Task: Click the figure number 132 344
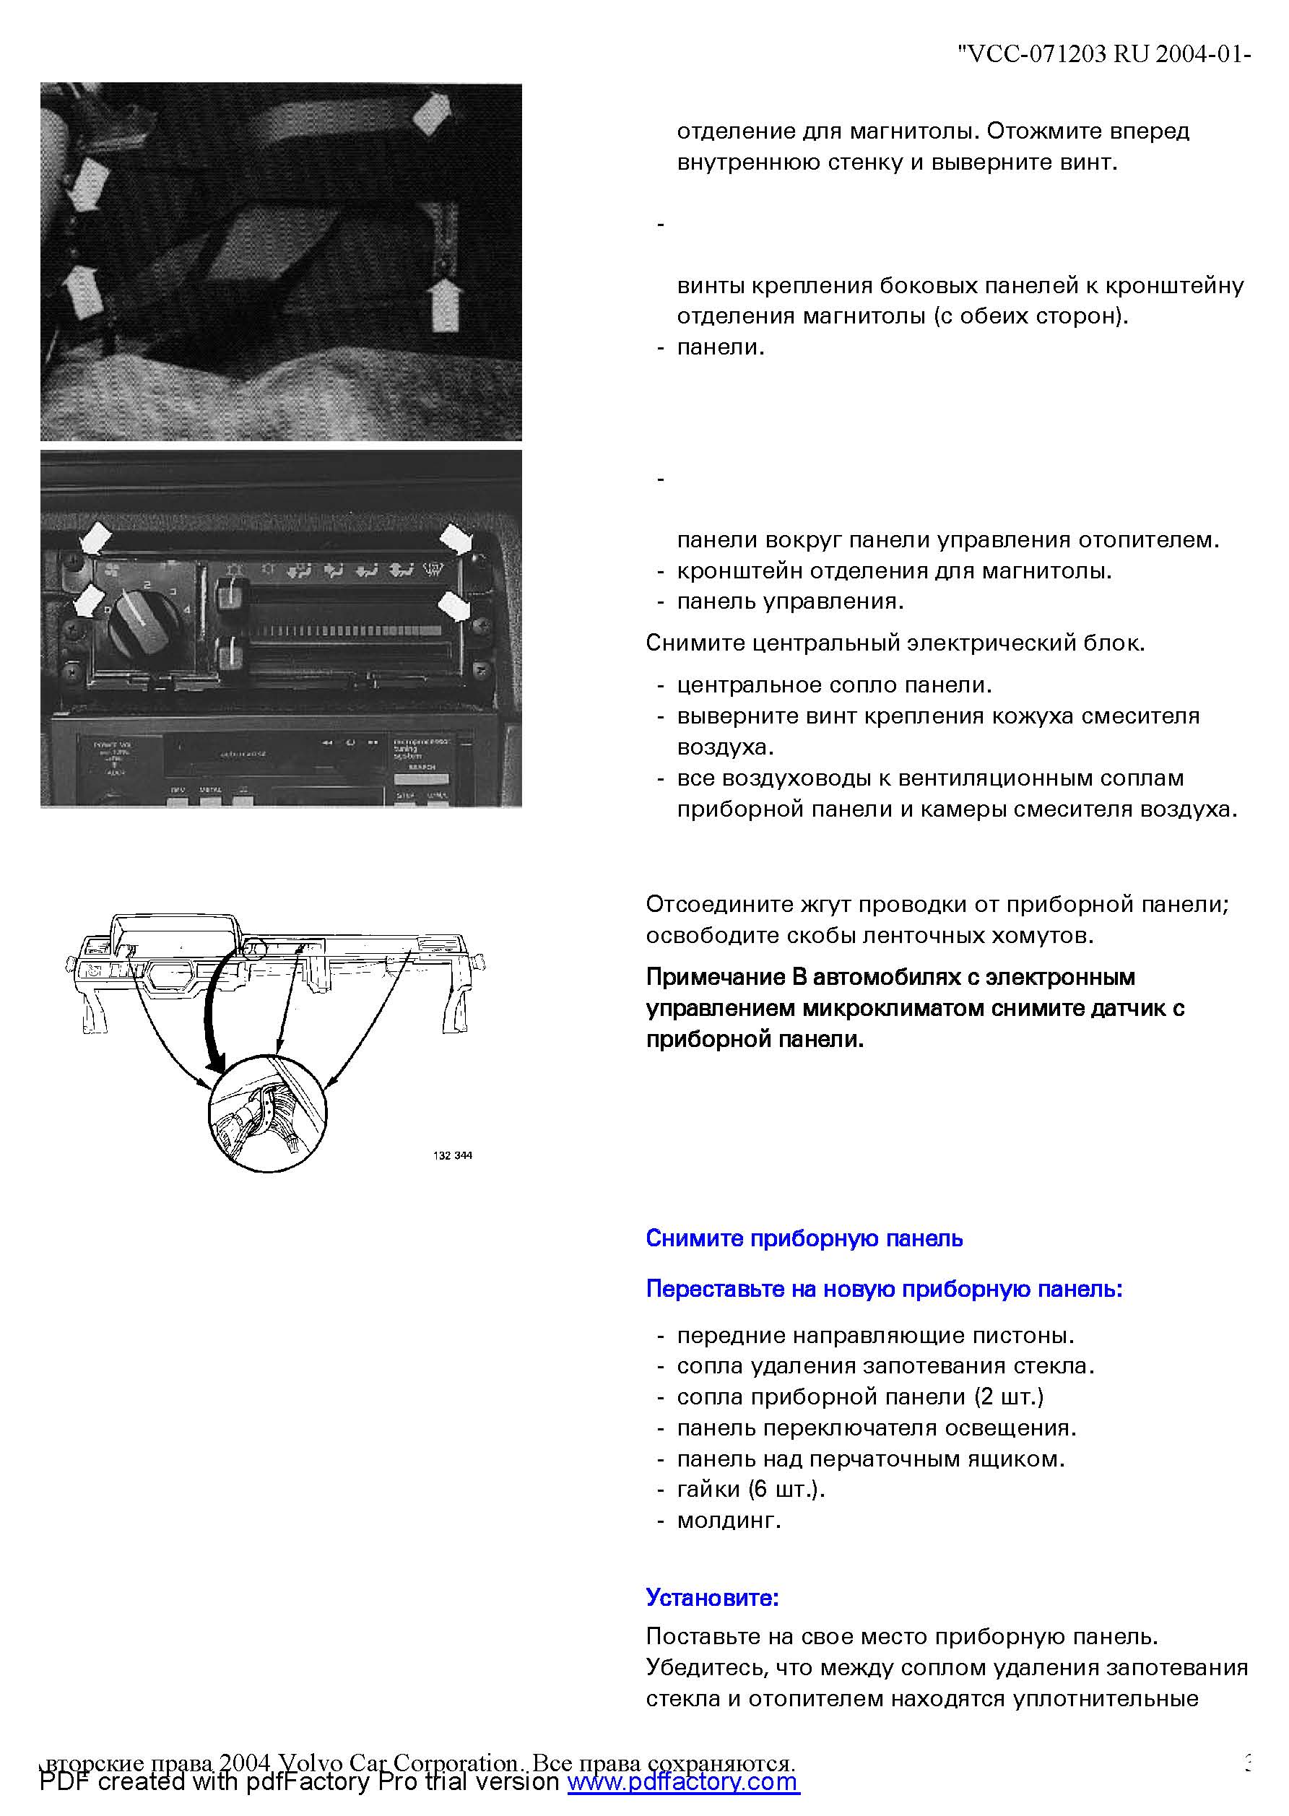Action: (453, 1155)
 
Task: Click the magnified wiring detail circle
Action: (267, 1113)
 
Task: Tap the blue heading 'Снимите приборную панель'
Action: (804, 1238)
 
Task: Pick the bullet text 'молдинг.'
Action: (729, 1521)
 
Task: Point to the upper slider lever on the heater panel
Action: (230, 594)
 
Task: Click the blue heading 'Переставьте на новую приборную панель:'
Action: (884, 1289)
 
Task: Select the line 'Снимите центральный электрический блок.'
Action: (895, 643)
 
